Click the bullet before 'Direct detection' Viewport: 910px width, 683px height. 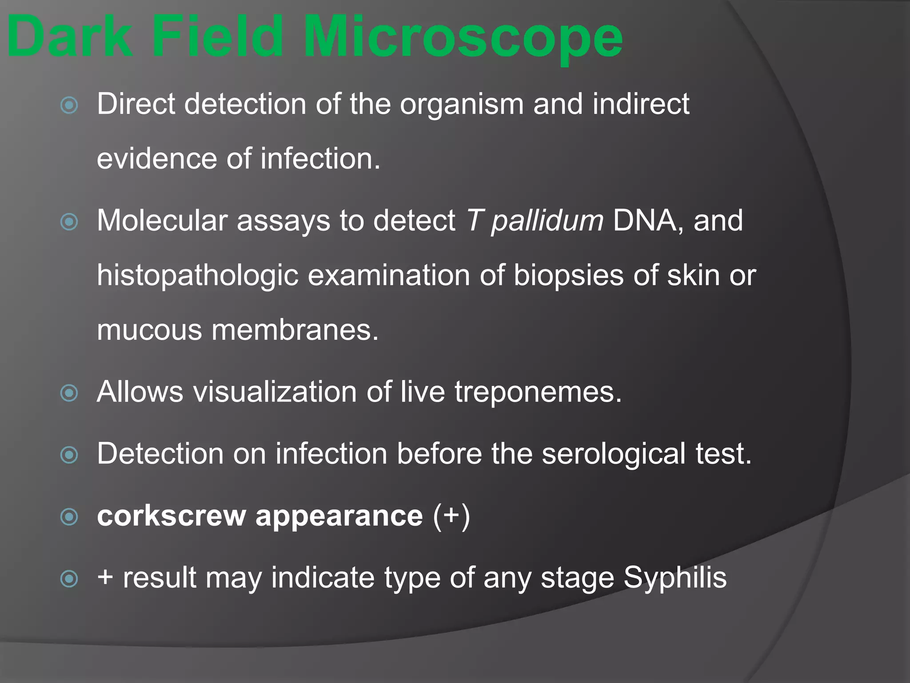[x=69, y=105]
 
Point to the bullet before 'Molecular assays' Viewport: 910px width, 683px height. [x=69, y=222]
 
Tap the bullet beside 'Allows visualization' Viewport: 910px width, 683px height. [x=69, y=393]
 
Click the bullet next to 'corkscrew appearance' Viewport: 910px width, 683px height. [x=69, y=517]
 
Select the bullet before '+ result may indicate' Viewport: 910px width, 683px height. [x=69, y=579]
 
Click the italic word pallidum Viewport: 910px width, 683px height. [x=547, y=221]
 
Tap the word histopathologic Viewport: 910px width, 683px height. [x=197, y=276]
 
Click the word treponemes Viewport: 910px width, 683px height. [x=538, y=393]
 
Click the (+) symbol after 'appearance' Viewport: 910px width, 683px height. [x=451, y=516]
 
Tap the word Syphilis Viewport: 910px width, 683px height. [x=675, y=578]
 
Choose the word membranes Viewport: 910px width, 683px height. [x=295, y=330]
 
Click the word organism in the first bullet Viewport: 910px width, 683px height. [x=462, y=105]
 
